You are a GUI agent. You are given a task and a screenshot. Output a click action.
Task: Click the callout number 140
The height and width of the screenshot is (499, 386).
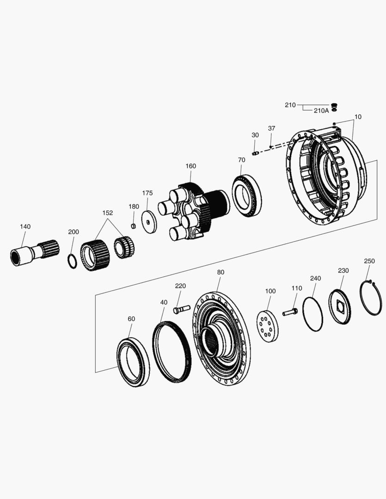[25, 226]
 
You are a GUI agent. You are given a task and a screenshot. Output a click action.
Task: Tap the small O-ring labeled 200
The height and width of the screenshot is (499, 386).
[72, 261]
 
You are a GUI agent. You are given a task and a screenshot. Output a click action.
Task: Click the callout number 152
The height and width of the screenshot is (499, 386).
[107, 213]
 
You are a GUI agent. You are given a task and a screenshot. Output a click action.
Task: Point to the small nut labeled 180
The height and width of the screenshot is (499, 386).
[133, 226]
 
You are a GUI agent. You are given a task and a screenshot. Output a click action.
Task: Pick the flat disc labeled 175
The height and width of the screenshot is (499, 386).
[149, 222]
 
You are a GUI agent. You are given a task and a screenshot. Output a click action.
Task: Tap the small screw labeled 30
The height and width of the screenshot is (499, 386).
[255, 153]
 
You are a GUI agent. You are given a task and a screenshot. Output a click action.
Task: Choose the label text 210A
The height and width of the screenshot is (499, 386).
[321, 110]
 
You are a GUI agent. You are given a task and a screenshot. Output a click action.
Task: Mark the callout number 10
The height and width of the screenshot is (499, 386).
[358, 117]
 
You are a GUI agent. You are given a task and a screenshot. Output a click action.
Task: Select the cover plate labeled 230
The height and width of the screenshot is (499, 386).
[339, 306]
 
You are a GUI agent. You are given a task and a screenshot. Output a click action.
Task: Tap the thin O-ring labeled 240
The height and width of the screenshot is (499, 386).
[312, 314]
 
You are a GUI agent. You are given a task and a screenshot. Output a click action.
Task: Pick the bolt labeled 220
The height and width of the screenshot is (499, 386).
[182, 309]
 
